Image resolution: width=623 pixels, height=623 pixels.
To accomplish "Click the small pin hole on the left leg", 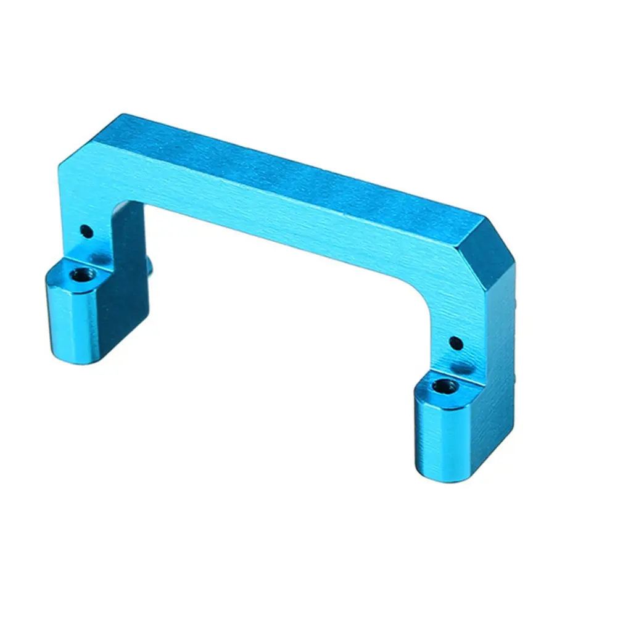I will (87, 232).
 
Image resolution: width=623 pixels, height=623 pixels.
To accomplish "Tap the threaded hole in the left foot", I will (78, 273).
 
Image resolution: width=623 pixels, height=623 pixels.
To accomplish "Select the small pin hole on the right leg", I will (455, 342).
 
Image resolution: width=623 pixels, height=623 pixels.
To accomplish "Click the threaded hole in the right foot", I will (444, 387).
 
